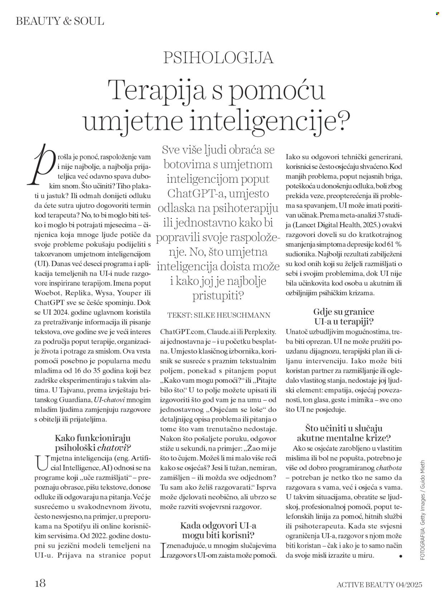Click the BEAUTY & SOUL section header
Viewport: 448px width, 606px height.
pyautogui.click(x=60, y=21)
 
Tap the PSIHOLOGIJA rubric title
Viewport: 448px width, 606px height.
pyautogui.click(x=219, y=57)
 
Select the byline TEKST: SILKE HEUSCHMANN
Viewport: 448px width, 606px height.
pyautogui.click(x=219, y=315)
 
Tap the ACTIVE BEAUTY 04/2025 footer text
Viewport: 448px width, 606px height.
pyautogui.click(x=379, y=585)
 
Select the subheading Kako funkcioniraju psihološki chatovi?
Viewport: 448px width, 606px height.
pyautogui.click(x=93, y=442)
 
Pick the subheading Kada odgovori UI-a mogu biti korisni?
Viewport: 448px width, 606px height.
pyautogui.click(x=218, y=530)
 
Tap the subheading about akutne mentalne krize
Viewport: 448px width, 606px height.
pyautogui.click(x=344, y=433)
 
